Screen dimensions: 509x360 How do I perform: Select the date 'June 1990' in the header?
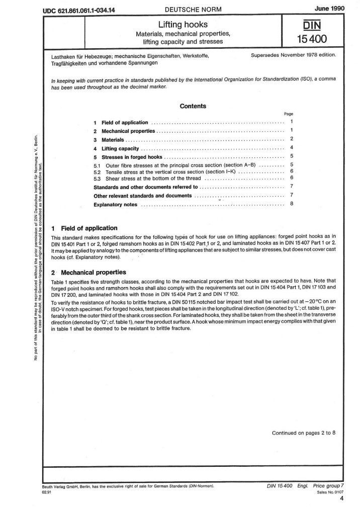click(x=328, y=9)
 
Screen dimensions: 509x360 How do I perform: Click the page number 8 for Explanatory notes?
click(x=292, y=204)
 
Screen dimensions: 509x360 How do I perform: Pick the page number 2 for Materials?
click(x=292, y=139)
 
